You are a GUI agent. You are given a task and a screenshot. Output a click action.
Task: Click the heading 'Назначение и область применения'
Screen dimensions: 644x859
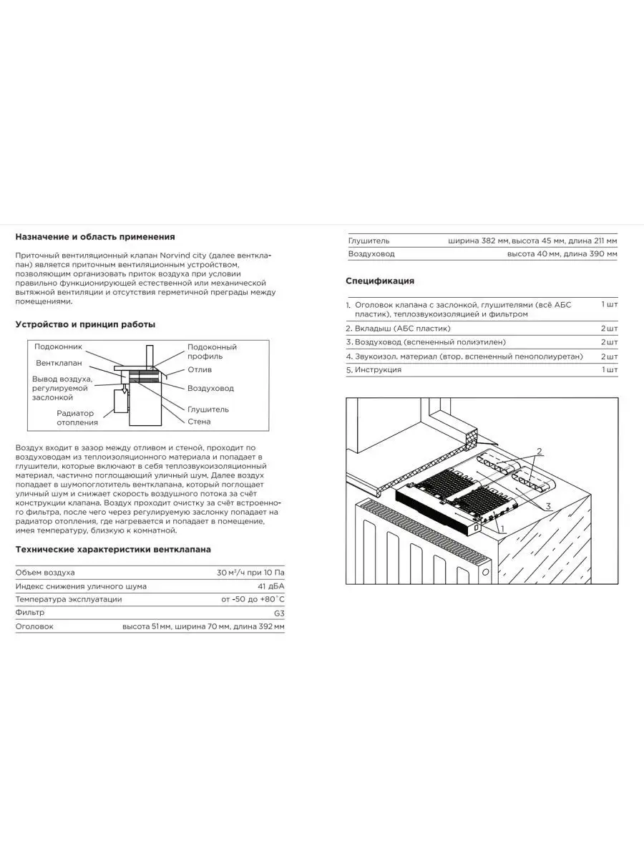click(x=95, y=237)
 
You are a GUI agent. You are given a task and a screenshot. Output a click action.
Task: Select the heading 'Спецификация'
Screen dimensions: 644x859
click(x=380, y=281)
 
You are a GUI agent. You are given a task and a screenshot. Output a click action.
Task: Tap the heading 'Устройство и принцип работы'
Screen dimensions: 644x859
click(x=85, y=324)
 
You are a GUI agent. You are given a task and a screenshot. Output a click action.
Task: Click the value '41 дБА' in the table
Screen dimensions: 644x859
click(x=271, y=586)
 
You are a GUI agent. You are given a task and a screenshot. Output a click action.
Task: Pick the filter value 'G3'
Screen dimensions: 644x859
click(x=279, y=613)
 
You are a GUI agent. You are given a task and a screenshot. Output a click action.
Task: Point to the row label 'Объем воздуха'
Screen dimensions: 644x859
click(x=45, y=573)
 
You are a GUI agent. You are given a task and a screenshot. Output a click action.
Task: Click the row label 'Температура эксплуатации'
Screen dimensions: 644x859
click(x=69, y=599)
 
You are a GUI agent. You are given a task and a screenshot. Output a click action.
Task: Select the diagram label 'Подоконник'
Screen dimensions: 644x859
click(x=58, y=346)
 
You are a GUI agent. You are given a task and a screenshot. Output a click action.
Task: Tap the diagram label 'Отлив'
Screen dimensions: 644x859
click(x=200, y=369)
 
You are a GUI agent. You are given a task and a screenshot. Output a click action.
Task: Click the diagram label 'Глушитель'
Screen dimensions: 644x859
click(x=208, y=409)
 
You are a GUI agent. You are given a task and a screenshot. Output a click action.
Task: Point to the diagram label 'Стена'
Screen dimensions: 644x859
click(x=199, y=422)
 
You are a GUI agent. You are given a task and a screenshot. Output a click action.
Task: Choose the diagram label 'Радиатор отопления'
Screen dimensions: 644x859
click(x=77, y=418)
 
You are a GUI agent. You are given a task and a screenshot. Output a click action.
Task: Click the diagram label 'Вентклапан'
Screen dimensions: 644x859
click(x=59, y=363)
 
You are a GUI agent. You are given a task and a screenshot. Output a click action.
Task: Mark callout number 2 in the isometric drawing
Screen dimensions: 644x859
click(x=540, y=452)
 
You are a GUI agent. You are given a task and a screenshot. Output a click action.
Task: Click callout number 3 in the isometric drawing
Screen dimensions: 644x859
click(x=548, y=506)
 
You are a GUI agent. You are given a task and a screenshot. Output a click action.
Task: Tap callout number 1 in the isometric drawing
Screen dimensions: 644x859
click(x=503, y=529)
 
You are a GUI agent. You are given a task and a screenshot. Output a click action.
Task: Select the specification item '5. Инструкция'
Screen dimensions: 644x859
click(x=374, y=370)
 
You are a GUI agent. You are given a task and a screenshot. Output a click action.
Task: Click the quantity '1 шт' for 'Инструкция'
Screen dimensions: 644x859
click(x=610, y=369)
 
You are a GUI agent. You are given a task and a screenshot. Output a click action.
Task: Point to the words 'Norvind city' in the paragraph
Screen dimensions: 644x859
click(x=182, y=256)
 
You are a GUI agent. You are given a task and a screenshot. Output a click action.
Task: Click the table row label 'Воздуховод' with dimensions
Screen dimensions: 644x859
click(x=371, y=254)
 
